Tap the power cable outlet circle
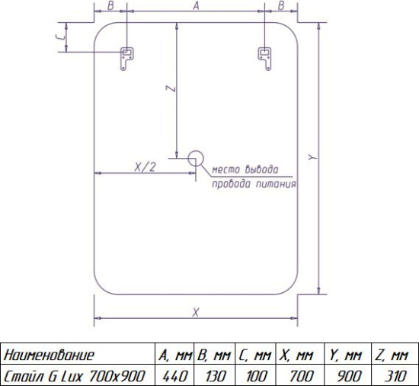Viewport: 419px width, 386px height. tap(196, 159)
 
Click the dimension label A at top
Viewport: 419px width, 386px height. tap(196, 5)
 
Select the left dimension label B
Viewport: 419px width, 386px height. tap(110, 5)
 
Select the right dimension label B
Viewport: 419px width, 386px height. tap(281, 5)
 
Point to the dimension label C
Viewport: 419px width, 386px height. tap(61, 37)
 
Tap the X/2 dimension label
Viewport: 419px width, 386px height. tap(145, 167)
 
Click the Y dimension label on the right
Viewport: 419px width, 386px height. tap(312, 157)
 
